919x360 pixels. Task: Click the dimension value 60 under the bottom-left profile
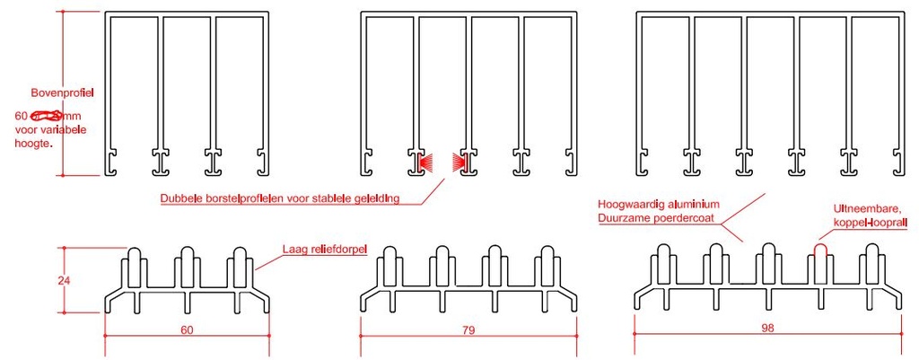coord(187,329)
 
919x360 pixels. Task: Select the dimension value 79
coord(467,329)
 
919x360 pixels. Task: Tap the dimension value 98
coord(766,329)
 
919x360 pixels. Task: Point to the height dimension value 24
coord(64,280)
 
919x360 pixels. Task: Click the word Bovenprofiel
coord(63,92)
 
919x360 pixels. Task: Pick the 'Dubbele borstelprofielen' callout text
coord(279,198)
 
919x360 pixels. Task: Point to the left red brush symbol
coord(426,162)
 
